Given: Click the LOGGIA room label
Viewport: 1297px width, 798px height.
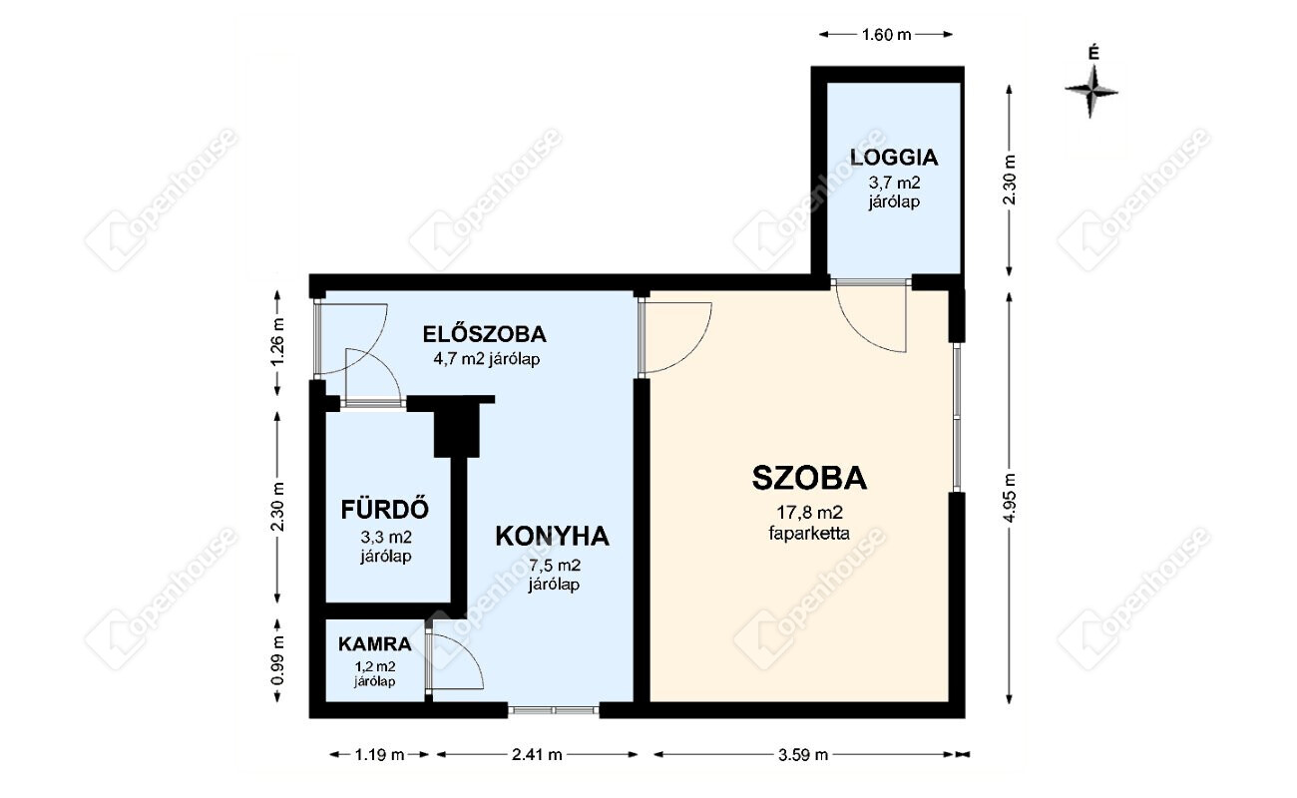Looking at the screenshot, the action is pyautogui.click(x=894, y=157).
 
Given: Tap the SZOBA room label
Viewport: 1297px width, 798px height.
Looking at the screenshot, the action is pyautogui.click(x=809, y=478).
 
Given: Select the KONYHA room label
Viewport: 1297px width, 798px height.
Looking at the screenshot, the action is pyautogui.click(x=553, y=536).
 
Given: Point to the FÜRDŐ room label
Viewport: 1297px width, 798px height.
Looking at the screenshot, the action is pyautogui.click(x=385, y=509).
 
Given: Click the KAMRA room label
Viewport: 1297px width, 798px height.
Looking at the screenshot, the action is pyautogui.click(x=374, y=644).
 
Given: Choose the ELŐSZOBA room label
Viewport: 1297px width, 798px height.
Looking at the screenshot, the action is pyautogui.click(x=485, y=334).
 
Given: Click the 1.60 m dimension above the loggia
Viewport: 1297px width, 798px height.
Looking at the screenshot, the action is pyautogui.click(x=887, y=35).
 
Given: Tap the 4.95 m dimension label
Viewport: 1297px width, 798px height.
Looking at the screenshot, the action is pyautogui.click(x=1010, y=498).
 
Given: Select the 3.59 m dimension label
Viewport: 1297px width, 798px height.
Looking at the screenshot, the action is pyautogui.click(x=803, y=754).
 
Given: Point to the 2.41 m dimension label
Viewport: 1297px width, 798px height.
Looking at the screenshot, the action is pyautogui.click(x=537, y=754).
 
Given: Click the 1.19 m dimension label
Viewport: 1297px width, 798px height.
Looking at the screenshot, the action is pyautogui.click(x=379, y=754).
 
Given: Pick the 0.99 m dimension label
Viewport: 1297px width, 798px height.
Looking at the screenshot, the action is pyautogui.click(x=278, y=660).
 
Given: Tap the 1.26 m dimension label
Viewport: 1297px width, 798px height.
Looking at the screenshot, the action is pyautogui.click(x=278, y=342).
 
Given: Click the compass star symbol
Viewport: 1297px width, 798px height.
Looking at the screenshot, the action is pyautogui.click(x=1091, y=92).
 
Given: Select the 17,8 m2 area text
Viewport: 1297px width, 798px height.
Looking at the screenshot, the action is pyautogui.click(x=809, y=512).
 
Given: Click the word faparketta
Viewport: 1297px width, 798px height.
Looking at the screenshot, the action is pyautogui.click(x=809, y=533).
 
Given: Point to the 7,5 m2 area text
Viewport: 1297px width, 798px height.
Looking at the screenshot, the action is pyautogui.click(x=554, y=565).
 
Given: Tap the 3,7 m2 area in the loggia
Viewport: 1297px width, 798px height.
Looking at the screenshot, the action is pyautogui.click(x=894, y=183).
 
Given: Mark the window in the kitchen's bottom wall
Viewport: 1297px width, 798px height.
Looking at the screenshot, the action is pyautogui.click(x=554, y=710).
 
